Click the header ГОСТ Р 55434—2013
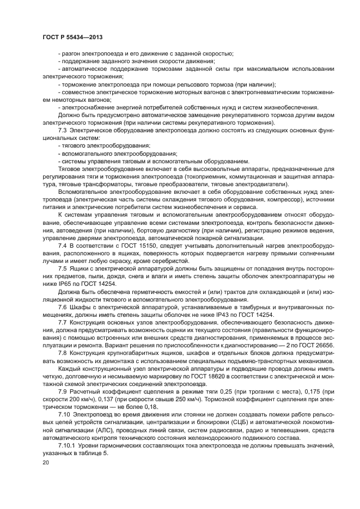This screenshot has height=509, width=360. click(x=72, y=36)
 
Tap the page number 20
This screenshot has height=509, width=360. click(x=46, y=462)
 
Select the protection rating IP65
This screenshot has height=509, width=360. click(x=71, y=285)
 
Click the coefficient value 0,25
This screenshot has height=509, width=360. click(x=219, y=393)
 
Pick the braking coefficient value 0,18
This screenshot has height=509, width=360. click(x=149, y=408)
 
